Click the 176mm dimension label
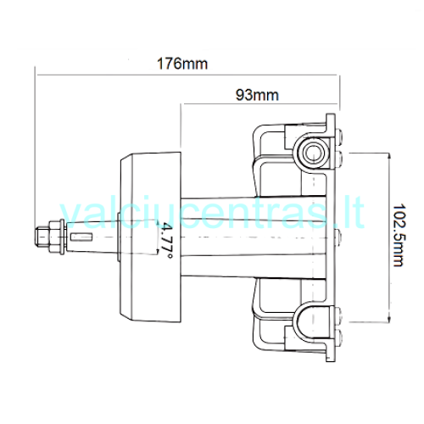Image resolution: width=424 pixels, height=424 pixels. pos(182,64)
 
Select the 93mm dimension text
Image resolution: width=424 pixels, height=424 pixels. pos(257,95)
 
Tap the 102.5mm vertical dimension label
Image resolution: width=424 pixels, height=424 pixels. pos(399,235)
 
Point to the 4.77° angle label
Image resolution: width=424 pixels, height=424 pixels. pos(165,241)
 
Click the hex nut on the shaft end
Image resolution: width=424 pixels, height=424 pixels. pos(54,237)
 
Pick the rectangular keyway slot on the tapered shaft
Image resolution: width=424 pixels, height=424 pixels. pos(81,237)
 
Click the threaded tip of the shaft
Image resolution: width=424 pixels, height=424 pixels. pos(42,237)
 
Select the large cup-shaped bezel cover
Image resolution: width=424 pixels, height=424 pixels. pos(151,237)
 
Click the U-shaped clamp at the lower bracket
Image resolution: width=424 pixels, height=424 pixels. pos(311,314)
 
